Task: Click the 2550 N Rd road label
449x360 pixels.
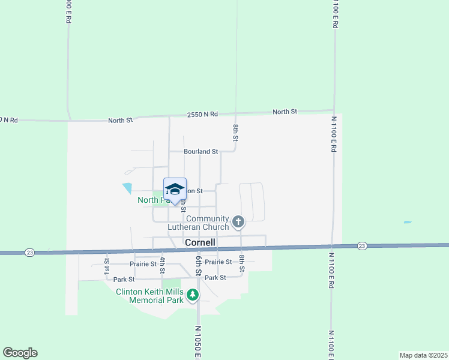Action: [x=202, y=114]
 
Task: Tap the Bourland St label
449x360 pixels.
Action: [x=201, y=152]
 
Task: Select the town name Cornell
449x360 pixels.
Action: [x=200, y=242]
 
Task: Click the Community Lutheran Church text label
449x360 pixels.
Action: [x=207, y=223]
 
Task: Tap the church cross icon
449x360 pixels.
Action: [x=238, y=223]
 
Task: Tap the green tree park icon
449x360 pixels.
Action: [x=193, y=295]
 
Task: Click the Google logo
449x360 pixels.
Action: [x=20, y=353]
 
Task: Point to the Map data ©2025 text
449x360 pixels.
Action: [x=423, y=355]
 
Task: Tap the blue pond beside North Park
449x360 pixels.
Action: [x=127, y=188]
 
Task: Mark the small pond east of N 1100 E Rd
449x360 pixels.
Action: [x=408, y=223]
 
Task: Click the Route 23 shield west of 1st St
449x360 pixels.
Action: [x=30, y=253]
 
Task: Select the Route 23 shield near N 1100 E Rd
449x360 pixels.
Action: [x=361, y=246]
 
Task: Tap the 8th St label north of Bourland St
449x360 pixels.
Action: [x=237, y=133]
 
